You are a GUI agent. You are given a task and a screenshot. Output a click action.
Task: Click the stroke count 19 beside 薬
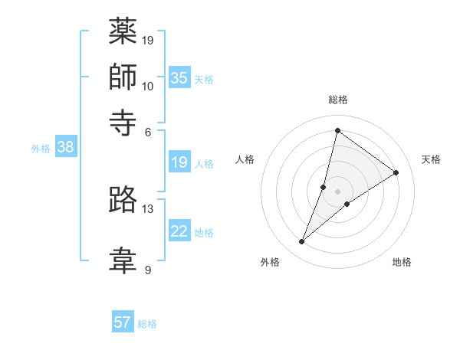(148, 40)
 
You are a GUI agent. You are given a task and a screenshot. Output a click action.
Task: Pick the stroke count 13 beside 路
(148, 208)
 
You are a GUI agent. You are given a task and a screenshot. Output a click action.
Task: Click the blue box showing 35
(179, 77)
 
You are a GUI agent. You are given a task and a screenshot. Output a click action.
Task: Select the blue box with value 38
(65, 147)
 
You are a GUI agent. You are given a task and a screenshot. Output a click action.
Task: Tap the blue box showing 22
(179, 231)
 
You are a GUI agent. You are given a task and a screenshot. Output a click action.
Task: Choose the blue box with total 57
(123, 322)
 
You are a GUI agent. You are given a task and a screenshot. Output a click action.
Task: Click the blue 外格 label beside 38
(40, 149)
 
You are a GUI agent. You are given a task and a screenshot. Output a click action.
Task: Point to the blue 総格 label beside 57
(147, 324)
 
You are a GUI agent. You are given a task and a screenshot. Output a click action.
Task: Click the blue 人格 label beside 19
(204, 163)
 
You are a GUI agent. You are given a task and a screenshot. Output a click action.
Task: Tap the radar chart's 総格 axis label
(338, 100)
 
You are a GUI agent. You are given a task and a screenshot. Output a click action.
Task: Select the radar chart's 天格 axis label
(431, 159)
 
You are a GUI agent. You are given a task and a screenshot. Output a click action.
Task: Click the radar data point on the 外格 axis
(302, 242)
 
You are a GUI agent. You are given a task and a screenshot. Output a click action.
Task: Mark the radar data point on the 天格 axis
(396, 172)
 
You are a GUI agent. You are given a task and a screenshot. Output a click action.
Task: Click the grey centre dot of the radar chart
(338, 191)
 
